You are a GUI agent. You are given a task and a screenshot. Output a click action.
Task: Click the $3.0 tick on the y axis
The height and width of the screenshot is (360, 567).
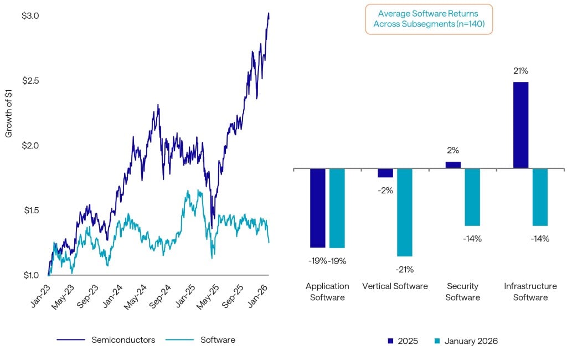tap(30, 16)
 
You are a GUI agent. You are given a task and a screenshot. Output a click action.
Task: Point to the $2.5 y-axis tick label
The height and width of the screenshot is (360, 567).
tap(30, 81)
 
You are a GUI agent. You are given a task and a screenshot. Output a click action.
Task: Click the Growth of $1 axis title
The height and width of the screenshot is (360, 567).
tap(9, 116)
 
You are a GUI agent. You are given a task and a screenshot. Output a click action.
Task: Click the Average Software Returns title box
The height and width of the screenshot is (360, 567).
tap(429, 19)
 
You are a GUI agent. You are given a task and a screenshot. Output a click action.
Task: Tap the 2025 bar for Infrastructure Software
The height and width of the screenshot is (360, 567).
tap(520, 125)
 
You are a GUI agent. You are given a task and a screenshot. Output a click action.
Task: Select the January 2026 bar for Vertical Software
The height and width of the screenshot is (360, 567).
tap(405, 212)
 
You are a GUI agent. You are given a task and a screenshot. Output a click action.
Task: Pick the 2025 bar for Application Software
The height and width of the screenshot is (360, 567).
tap(317, 208)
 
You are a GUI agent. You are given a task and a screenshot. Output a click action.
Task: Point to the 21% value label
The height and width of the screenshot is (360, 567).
tap(520, 71)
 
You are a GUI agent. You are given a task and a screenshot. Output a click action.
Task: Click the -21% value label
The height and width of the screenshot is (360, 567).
tap(404, 270)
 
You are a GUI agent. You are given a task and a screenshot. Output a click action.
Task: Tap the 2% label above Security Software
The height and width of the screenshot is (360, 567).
tap(453, 150)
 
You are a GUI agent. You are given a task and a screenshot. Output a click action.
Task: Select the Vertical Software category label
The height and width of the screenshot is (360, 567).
tap(395, 286)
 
